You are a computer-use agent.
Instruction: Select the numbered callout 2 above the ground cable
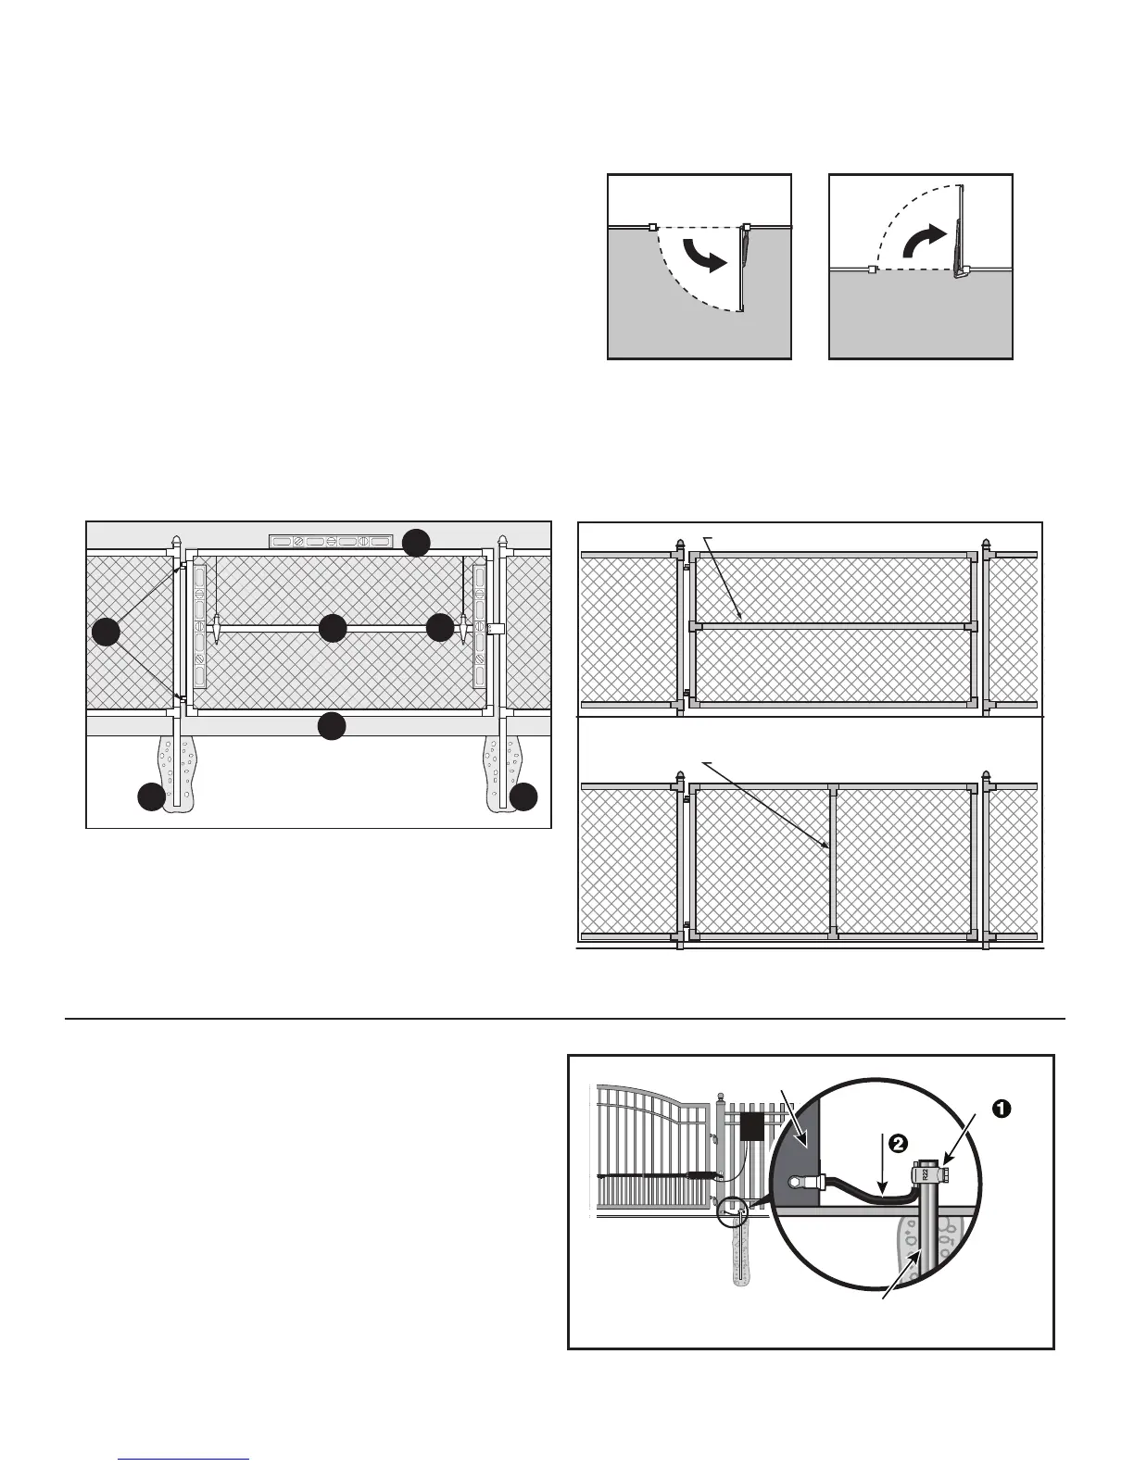[x=896, y=1144]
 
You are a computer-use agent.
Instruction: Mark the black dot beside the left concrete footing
[x=151, y=796]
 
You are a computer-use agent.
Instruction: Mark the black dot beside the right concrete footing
[x=524, y=796]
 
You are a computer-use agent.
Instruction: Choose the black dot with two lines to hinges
[x=107, y=632]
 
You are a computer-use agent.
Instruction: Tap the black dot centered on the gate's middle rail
[x=332, y=628]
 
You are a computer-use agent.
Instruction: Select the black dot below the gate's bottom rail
[x=332, y=726]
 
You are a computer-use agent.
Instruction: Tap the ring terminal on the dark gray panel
[x=796, y=1182]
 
